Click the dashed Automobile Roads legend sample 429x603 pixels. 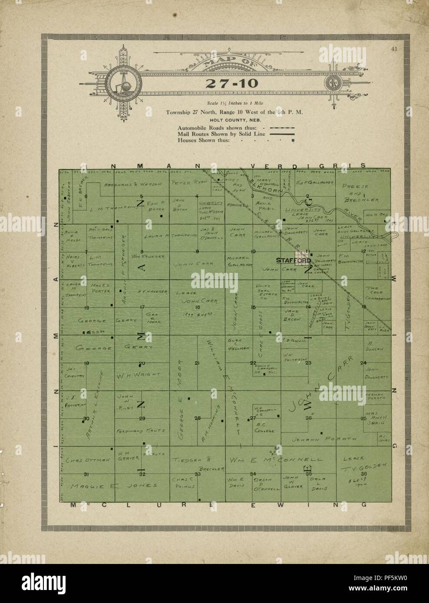282,128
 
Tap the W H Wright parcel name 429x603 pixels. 132,374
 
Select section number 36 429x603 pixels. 364,473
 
